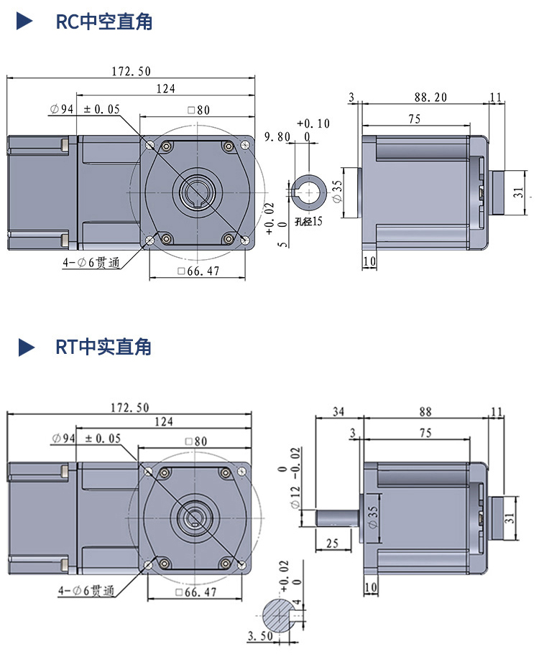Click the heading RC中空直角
coord(104,22)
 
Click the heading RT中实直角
coord(104,347)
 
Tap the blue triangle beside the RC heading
coord(25,22)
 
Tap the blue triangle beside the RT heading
coord(26,347)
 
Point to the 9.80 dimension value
coord(277,136)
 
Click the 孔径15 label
coord(309,221)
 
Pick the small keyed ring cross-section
coord(310,190)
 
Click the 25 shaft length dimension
coord(332,543)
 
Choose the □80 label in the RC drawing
coord(198,110)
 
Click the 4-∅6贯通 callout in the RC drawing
coord(91,263)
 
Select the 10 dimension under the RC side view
coord(369,261)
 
